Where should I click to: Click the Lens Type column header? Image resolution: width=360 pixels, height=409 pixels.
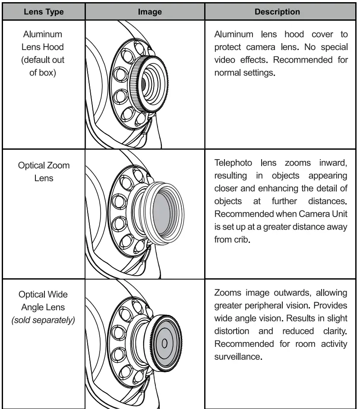[44, 12]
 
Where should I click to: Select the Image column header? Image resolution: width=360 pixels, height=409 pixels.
[150, 12]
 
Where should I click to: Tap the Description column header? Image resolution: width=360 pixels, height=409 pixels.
[277, 12]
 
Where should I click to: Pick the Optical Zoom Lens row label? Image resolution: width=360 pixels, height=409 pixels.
[44, 171]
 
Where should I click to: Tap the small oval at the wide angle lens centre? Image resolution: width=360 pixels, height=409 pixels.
[164, 343]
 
